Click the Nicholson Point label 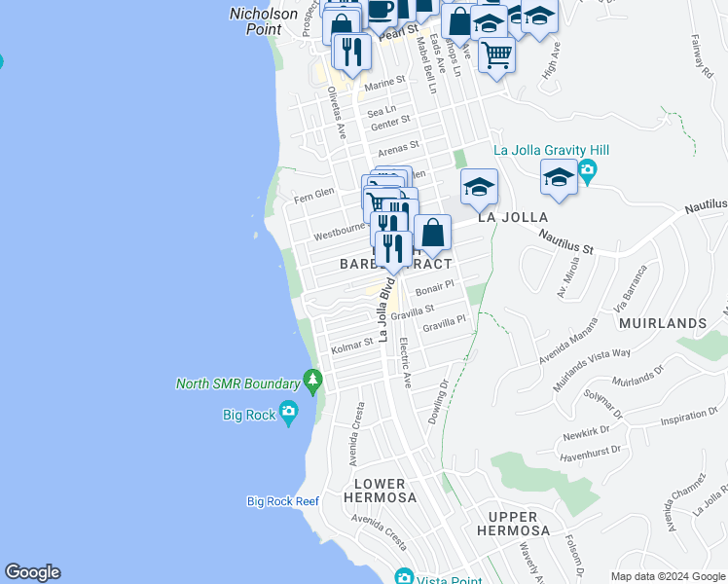click(263, 21)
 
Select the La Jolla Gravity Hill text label click(544, 150)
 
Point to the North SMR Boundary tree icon click(312, 377)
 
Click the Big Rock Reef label click(282, 501)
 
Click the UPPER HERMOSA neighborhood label click(514, 524)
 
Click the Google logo click(32, 572)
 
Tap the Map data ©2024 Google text click(667, 576)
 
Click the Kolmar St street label click(351, 346)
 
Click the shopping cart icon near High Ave click(496, 55)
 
